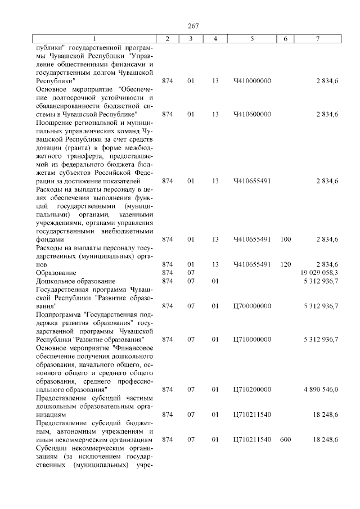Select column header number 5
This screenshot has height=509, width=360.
coord(252,39)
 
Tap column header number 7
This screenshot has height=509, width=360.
coord(318,39)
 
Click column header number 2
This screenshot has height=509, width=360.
coord(167,39)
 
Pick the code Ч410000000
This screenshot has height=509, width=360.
coord(252,81)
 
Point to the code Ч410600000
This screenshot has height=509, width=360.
coord(252,114)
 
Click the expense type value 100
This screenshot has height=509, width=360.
coord(285,239)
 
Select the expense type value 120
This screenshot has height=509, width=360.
coord(285,264)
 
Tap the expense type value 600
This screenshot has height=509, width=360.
coord(285,439)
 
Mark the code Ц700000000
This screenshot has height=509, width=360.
coord(252,306)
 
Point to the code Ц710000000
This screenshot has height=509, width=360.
coord(252,339)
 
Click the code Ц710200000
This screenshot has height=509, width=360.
coord(252,389)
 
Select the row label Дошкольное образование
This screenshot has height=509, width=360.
coord(75,281)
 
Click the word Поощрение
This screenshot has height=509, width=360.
coord(53,123)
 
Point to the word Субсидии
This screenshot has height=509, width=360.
coord(52,448)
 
